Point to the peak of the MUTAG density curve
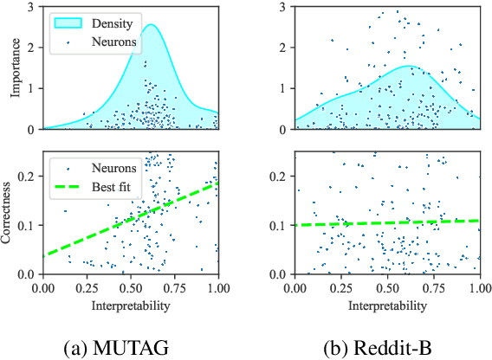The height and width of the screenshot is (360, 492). [151, 25]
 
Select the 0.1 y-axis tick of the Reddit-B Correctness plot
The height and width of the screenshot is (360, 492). [282, 225]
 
